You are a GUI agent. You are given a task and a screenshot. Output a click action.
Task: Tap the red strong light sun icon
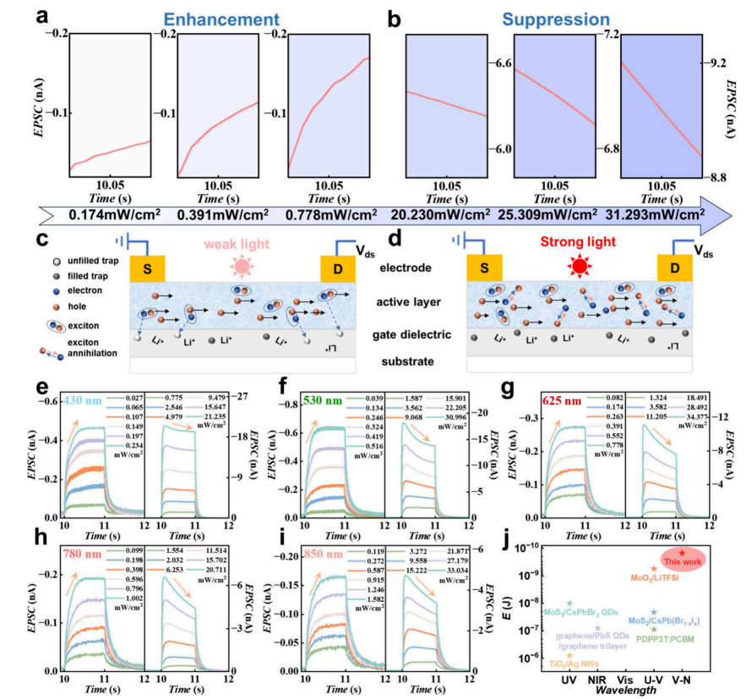580,268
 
